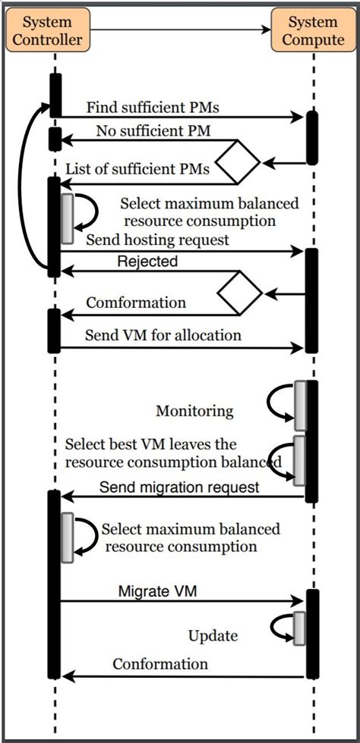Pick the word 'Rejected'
click(x=147, y=262)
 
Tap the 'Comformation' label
click(x=136, y=303)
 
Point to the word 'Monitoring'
click(x=194, y=411)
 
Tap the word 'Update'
click(x=213, y=635)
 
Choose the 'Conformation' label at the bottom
click(x=160, y=664)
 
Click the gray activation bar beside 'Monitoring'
click(x=300, y=406)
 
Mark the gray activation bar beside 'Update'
click(x=299, y=628)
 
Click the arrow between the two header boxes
click(x=181, y=30)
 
